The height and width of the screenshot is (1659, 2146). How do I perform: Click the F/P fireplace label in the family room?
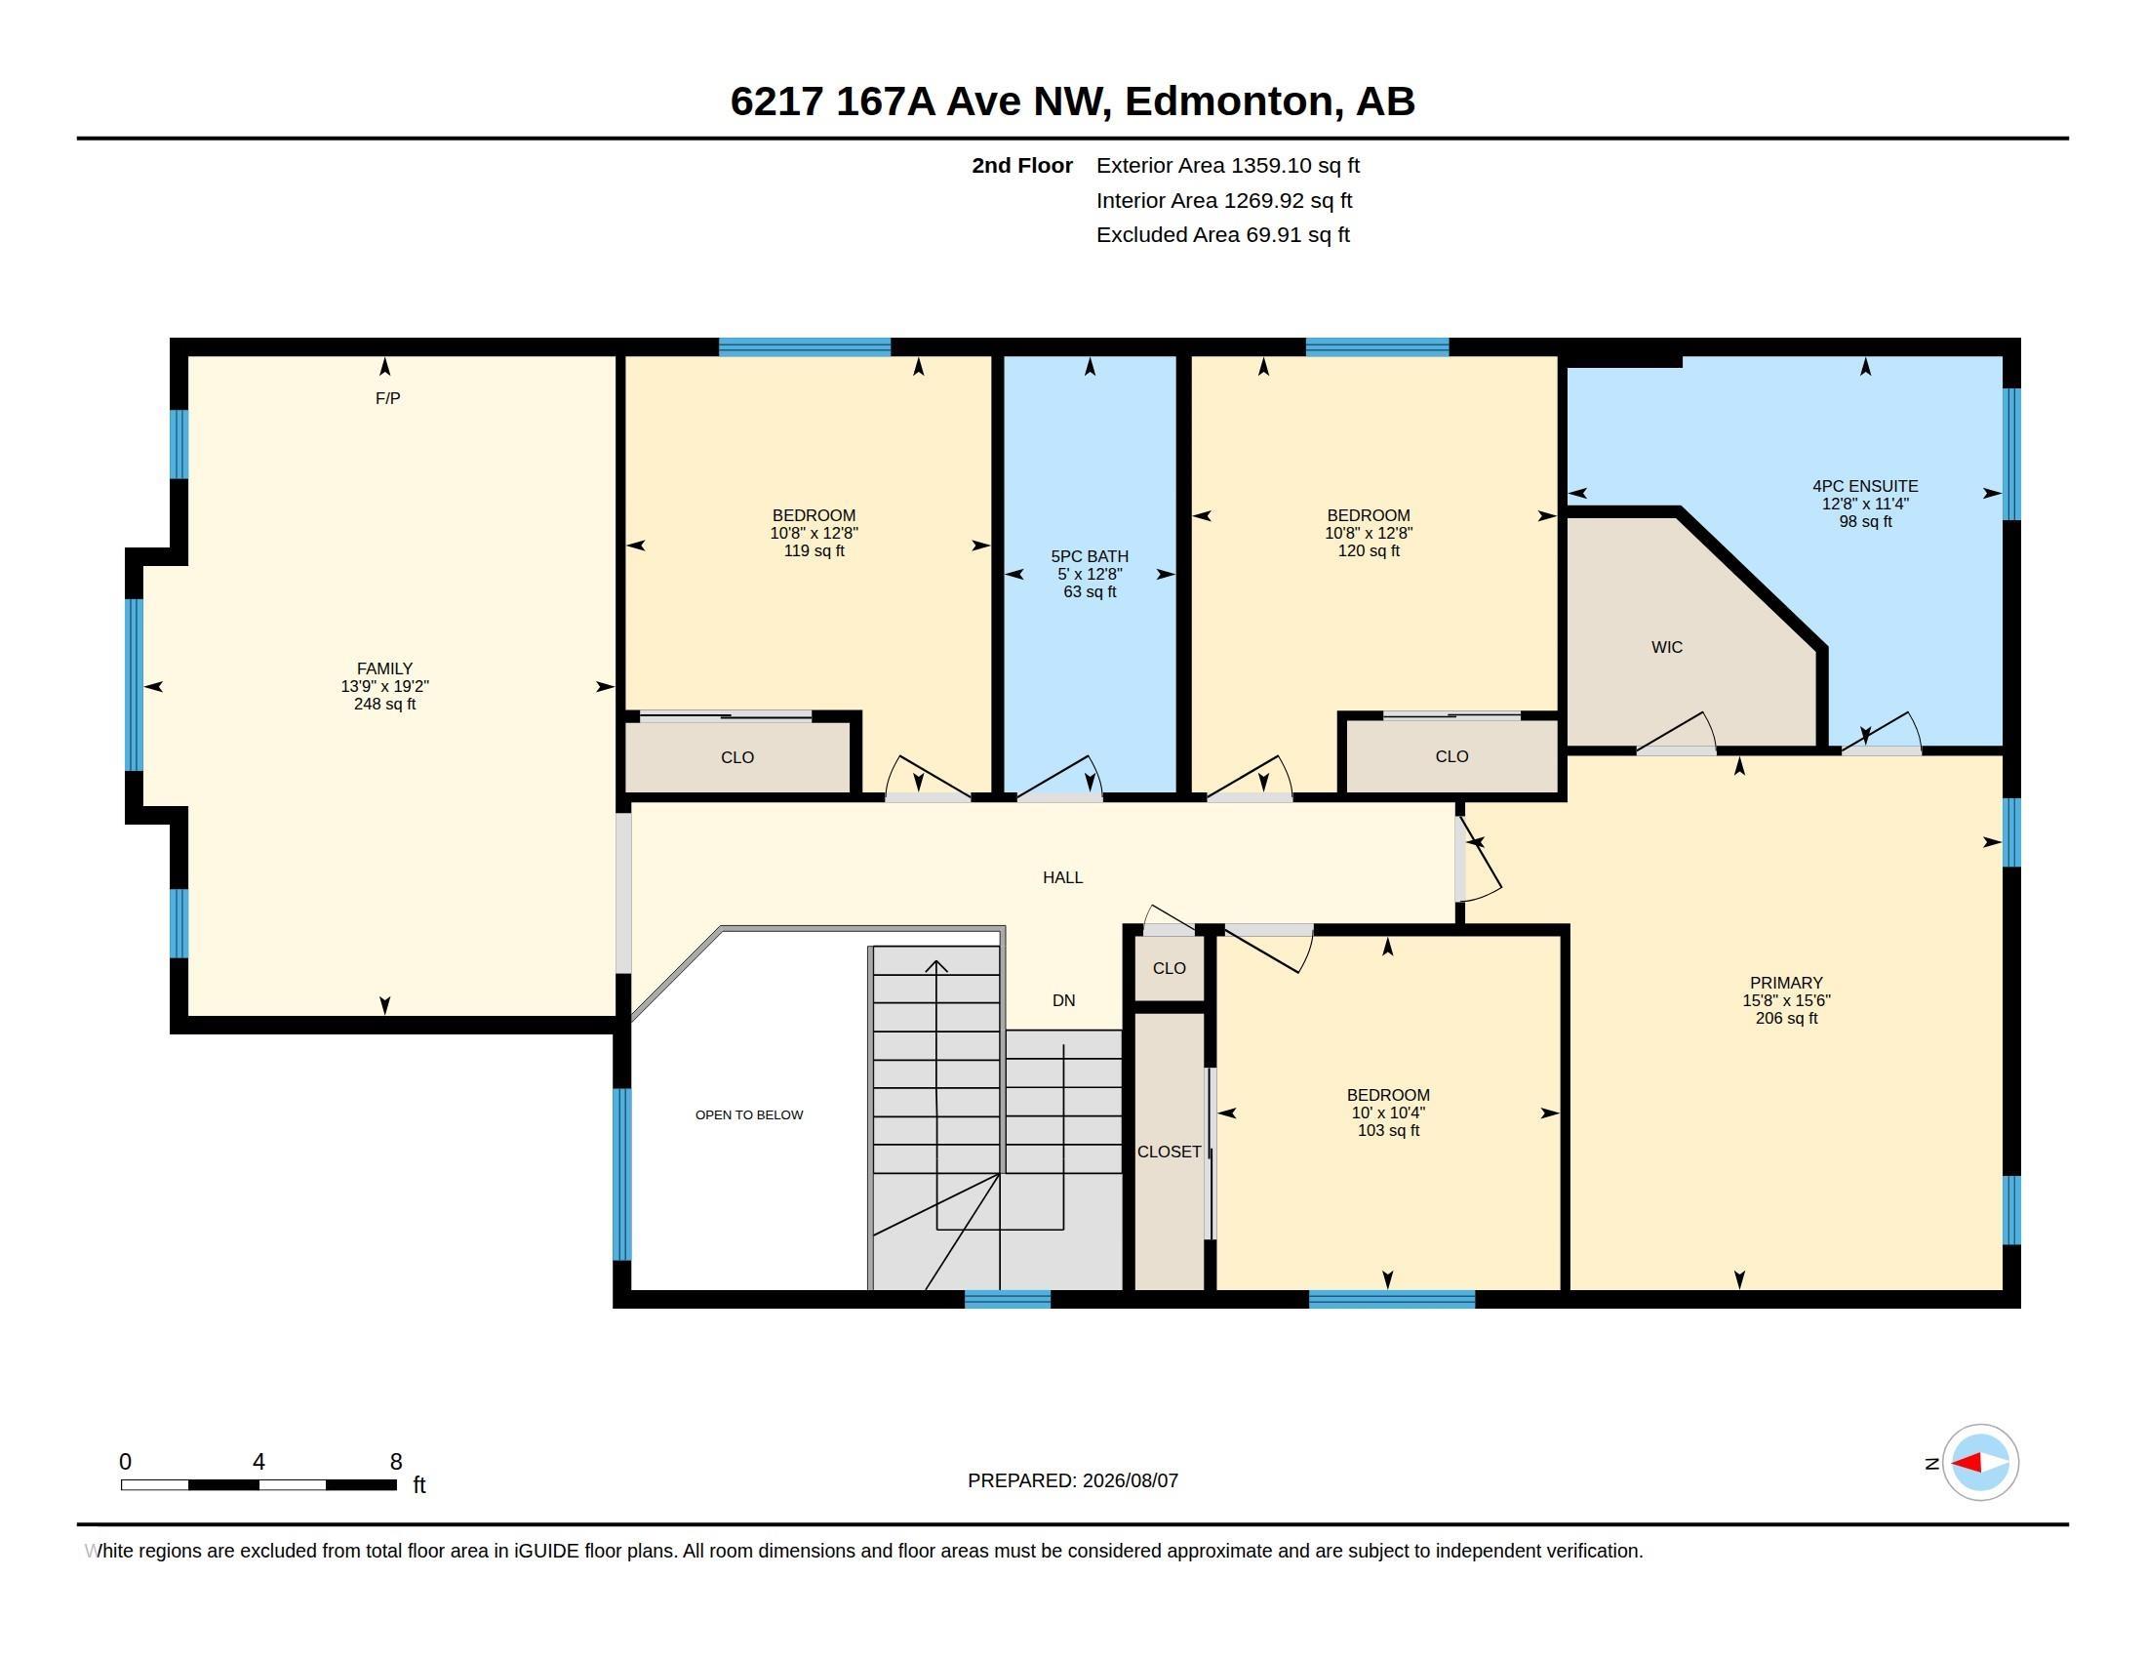click(x=387, y=398)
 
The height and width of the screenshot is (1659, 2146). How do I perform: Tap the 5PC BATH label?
click(x=1090, y=556)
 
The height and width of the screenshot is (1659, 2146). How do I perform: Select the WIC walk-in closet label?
click(x=1666, y=647)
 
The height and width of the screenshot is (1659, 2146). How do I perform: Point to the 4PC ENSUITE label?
click(x=1865, y=486)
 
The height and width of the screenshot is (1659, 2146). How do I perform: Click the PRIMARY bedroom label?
click(x=1786, y=983)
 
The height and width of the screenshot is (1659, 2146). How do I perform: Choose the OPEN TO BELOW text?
click(x=749, y=1114)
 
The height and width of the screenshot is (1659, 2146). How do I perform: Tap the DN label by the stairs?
click(x=1063, y=1000)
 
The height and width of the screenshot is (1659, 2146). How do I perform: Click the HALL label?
click(x=1062, y=877)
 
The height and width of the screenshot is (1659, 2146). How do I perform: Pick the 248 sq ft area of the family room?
click(x=384, y=704)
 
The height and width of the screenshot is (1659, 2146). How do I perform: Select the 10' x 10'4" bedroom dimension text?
click(x=1387, y=1113)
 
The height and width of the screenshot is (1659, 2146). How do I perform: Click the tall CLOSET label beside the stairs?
click(x=1169, y=1152)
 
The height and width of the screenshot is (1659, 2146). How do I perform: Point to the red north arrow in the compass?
click(x=1967, y=1464)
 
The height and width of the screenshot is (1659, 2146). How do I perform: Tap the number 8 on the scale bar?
click(x=396, y=1462)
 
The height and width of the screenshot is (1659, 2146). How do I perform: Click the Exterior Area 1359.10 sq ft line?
click(x=1227, y=165)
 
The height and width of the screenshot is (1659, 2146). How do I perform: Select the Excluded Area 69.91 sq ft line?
click(x=1222, y=235)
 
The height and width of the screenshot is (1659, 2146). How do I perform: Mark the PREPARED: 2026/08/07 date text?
click(x=1072, y=1480)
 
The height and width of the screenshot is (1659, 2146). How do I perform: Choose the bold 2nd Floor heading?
click(x=1022, y=165)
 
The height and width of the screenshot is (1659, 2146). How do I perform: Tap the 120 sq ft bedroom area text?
click(x=1368, y=550)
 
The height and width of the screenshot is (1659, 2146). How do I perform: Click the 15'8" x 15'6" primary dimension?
click(x=1786, y=1000)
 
